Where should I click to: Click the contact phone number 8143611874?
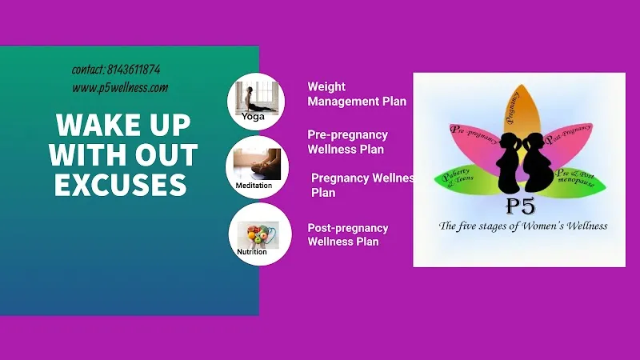[134, 70]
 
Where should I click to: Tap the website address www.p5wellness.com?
[120, 88]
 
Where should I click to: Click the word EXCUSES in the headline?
[121, 185]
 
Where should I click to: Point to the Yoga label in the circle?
[253, 117]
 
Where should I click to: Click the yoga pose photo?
[257, 97]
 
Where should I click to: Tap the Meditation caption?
[254, 186]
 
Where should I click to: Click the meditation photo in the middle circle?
[257, 164]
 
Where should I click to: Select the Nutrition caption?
[252, 252]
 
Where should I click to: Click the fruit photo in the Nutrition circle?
[258, 235]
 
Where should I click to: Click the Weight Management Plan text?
[357, 94]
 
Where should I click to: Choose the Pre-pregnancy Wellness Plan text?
[347, 142]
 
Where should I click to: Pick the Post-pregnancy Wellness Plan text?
[348, 234]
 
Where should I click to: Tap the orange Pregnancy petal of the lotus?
[522, 109]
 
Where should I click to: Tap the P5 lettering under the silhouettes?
[521, 206]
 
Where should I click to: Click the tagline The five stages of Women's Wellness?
[523, 226]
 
